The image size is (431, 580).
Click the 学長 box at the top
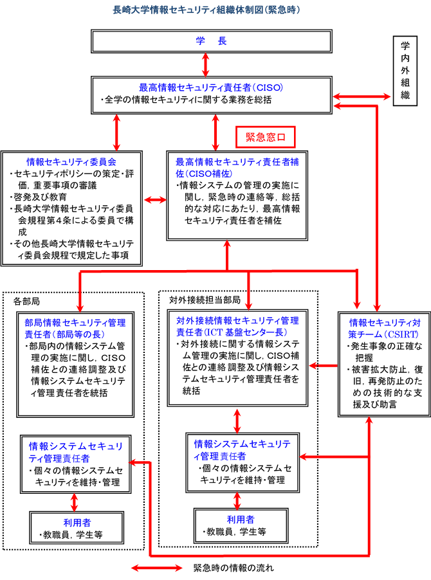[x=212, y=42]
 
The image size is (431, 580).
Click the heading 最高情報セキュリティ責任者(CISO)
[x=212, y=87]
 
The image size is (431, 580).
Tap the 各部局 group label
[x=27, y=300]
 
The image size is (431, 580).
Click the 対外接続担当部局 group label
[x=205, y=300]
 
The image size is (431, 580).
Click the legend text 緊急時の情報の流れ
[x=234, y=568]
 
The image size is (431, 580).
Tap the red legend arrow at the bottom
[x=158, y=568]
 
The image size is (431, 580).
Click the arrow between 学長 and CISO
[x=205, y=64]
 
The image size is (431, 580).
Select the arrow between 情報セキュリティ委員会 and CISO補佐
[x=154, y=201]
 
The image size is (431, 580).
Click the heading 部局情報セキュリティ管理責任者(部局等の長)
[x=75, y=328]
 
